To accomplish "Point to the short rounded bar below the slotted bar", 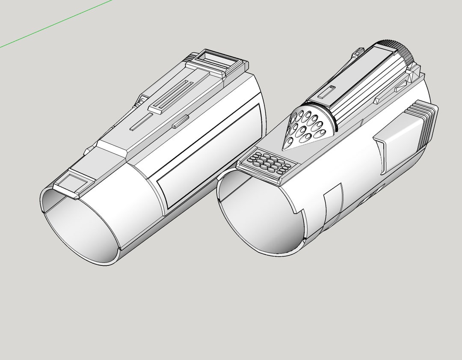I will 180,120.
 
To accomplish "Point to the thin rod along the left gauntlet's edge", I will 140,103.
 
